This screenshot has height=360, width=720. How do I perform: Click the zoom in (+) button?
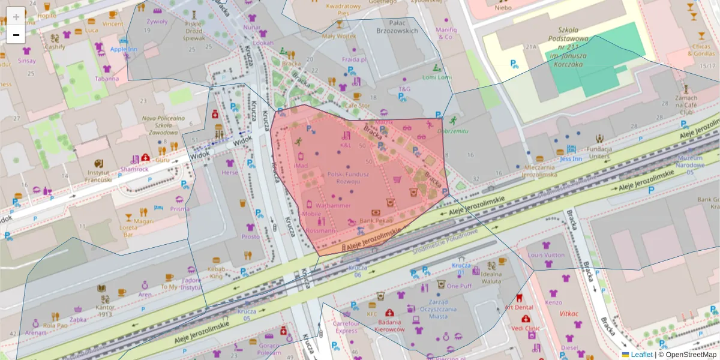(x=16, y=16)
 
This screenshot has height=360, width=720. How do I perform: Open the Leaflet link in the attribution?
(x=641, y=355)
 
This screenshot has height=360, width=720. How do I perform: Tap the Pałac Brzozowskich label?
(x=396, y=25)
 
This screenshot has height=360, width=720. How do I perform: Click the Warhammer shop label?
(x=332, y=205)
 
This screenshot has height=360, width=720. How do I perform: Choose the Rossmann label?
(x=320, y=230)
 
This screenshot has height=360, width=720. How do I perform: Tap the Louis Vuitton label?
(x=546, y=254)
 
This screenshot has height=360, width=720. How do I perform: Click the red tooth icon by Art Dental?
(x=520, y=298)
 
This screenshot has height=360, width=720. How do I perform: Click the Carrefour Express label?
(x=346, y=327)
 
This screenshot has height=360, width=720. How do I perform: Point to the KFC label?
(x=372, y=313)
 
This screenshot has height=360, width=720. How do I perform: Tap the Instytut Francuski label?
(x=98, y=175)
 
